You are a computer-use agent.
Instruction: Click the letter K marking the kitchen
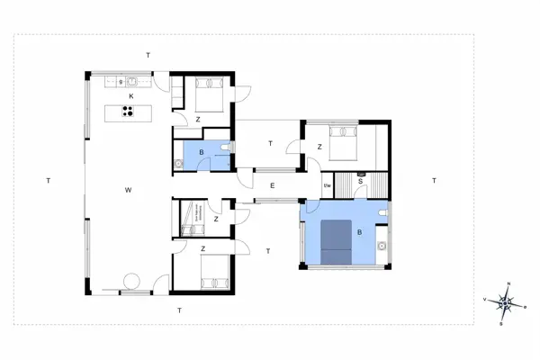pyautogui.click(x=131, y=95)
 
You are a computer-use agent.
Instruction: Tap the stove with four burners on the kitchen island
pyautogui.click(x=129, y=112)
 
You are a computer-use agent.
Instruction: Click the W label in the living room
pyautogui.click(x=130, y=191)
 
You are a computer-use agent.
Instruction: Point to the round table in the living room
pyautogui.click(x=131, y=280)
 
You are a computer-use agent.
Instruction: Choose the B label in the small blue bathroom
pyautogui.click(x=201, y=152)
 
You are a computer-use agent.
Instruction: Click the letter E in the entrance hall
pyautogui.click(x=271, y=185)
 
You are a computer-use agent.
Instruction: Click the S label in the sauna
pyautogui.click(x=360, y=182)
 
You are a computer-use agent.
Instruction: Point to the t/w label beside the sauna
pyautogui.click(x=328, y=186)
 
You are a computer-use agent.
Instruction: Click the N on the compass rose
pyautogui.click(x=509, y=284)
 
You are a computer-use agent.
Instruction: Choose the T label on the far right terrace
pyautogui.click(x=434, y=181)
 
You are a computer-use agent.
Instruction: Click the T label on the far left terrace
pyautogui.click(x=48, y=181)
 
